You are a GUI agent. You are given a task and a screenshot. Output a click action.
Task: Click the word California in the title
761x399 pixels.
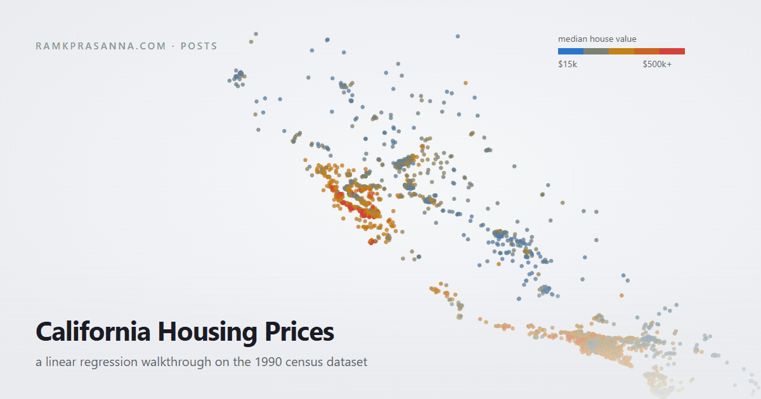(x=93, y=331)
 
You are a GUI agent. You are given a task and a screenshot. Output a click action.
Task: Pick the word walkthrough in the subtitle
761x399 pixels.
(x=176, y=362)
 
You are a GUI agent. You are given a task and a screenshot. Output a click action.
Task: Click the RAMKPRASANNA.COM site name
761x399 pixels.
(x=101, y=46)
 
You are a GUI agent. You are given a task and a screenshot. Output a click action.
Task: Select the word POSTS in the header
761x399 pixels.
(x=198, y=46)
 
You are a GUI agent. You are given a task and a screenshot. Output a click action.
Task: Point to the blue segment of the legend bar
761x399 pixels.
(x=571, y=51)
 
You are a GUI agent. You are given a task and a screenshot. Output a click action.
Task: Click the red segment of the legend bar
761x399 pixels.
(x=672, y=51)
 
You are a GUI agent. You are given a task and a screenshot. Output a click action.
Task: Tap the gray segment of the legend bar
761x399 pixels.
(x=596, y=51)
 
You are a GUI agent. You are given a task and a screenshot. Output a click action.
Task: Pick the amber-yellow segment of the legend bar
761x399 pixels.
(x=621, y=51)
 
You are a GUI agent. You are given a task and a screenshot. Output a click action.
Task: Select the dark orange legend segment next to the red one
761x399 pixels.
(x=647, y=51)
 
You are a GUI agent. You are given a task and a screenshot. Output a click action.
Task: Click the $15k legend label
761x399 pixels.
(x=568, y=64)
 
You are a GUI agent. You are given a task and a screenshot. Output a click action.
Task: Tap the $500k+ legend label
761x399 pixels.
(x=657, y=64)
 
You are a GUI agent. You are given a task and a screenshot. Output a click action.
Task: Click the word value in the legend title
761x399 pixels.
(x=626, y=39)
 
